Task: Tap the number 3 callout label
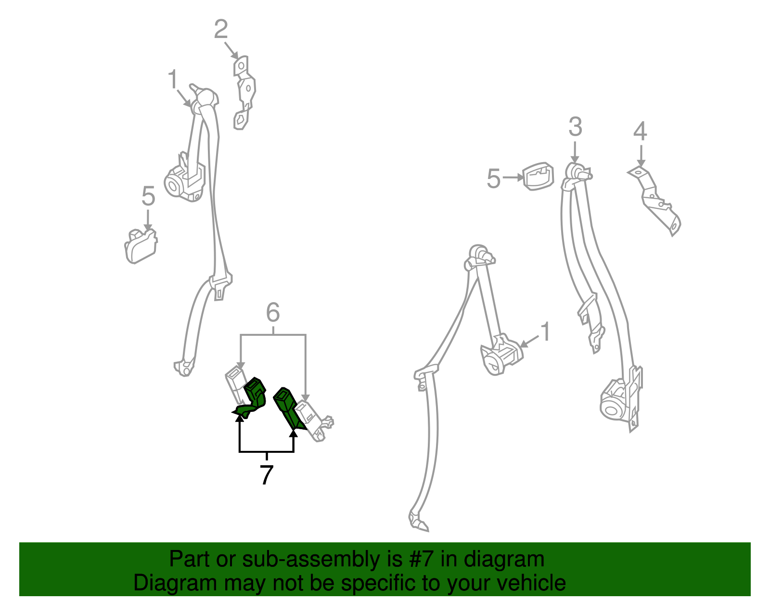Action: [x=575, y=127]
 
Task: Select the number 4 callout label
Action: [x=640, y=131]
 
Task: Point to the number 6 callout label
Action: [x=273, y=312]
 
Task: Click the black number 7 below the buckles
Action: [x=267, y=475]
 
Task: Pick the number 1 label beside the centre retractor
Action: [x=545, y=332]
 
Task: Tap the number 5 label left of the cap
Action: [x=494, y=179]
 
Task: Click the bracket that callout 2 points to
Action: [x=244, y=93]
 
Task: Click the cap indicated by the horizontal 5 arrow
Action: [x=538, y=177]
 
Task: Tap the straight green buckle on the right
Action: [x=288, y=407]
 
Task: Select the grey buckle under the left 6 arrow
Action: [x=235, y=384]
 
